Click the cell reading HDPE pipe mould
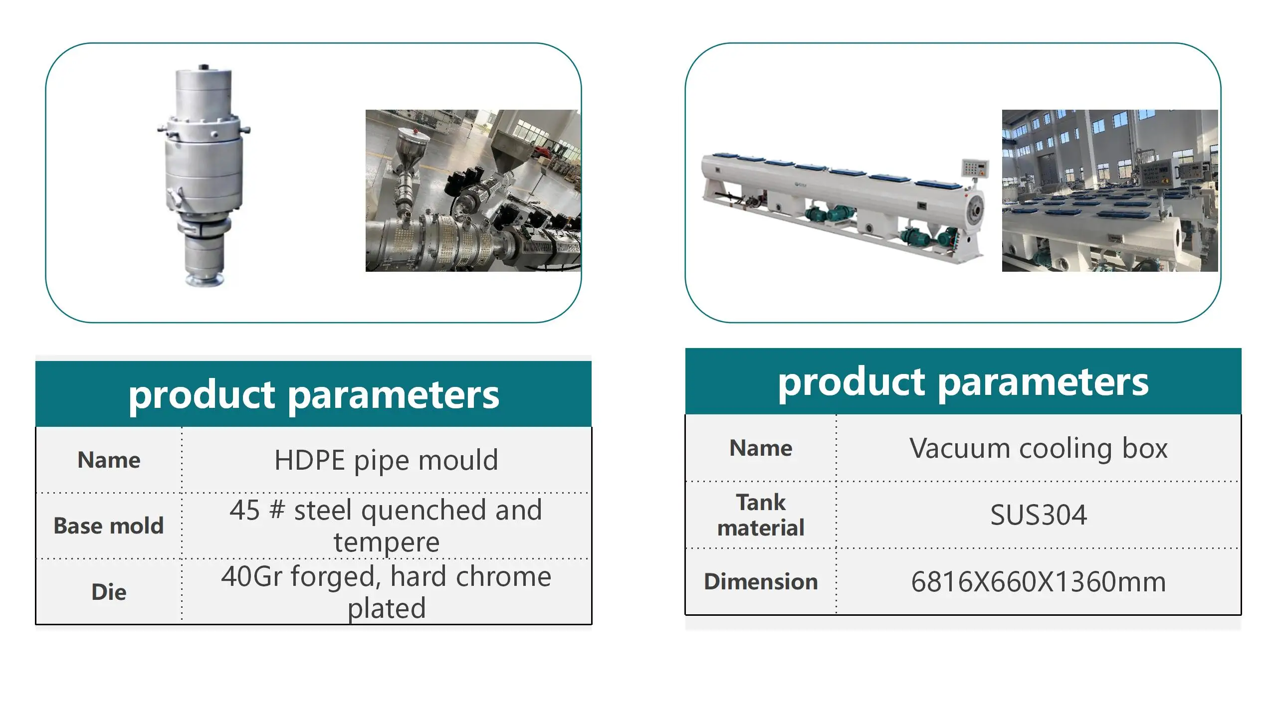click(386, 460)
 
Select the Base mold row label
click(109, 526)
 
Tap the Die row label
click(109, 592)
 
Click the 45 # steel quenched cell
click(386, 526)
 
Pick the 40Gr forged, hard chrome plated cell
click(386, 592)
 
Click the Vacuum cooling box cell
click(1039, 448)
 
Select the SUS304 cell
click(1039, 515)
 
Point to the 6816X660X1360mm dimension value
click(1039, 581)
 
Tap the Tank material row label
click(761, 515)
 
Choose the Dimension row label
click(761, 581)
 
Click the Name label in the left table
click(109, 460)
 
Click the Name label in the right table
click(761, 448)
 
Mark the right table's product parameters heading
click(963, 382)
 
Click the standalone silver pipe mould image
click(204, 176)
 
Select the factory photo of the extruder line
click(473, 190)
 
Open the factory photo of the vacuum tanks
click(1110, 190)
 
